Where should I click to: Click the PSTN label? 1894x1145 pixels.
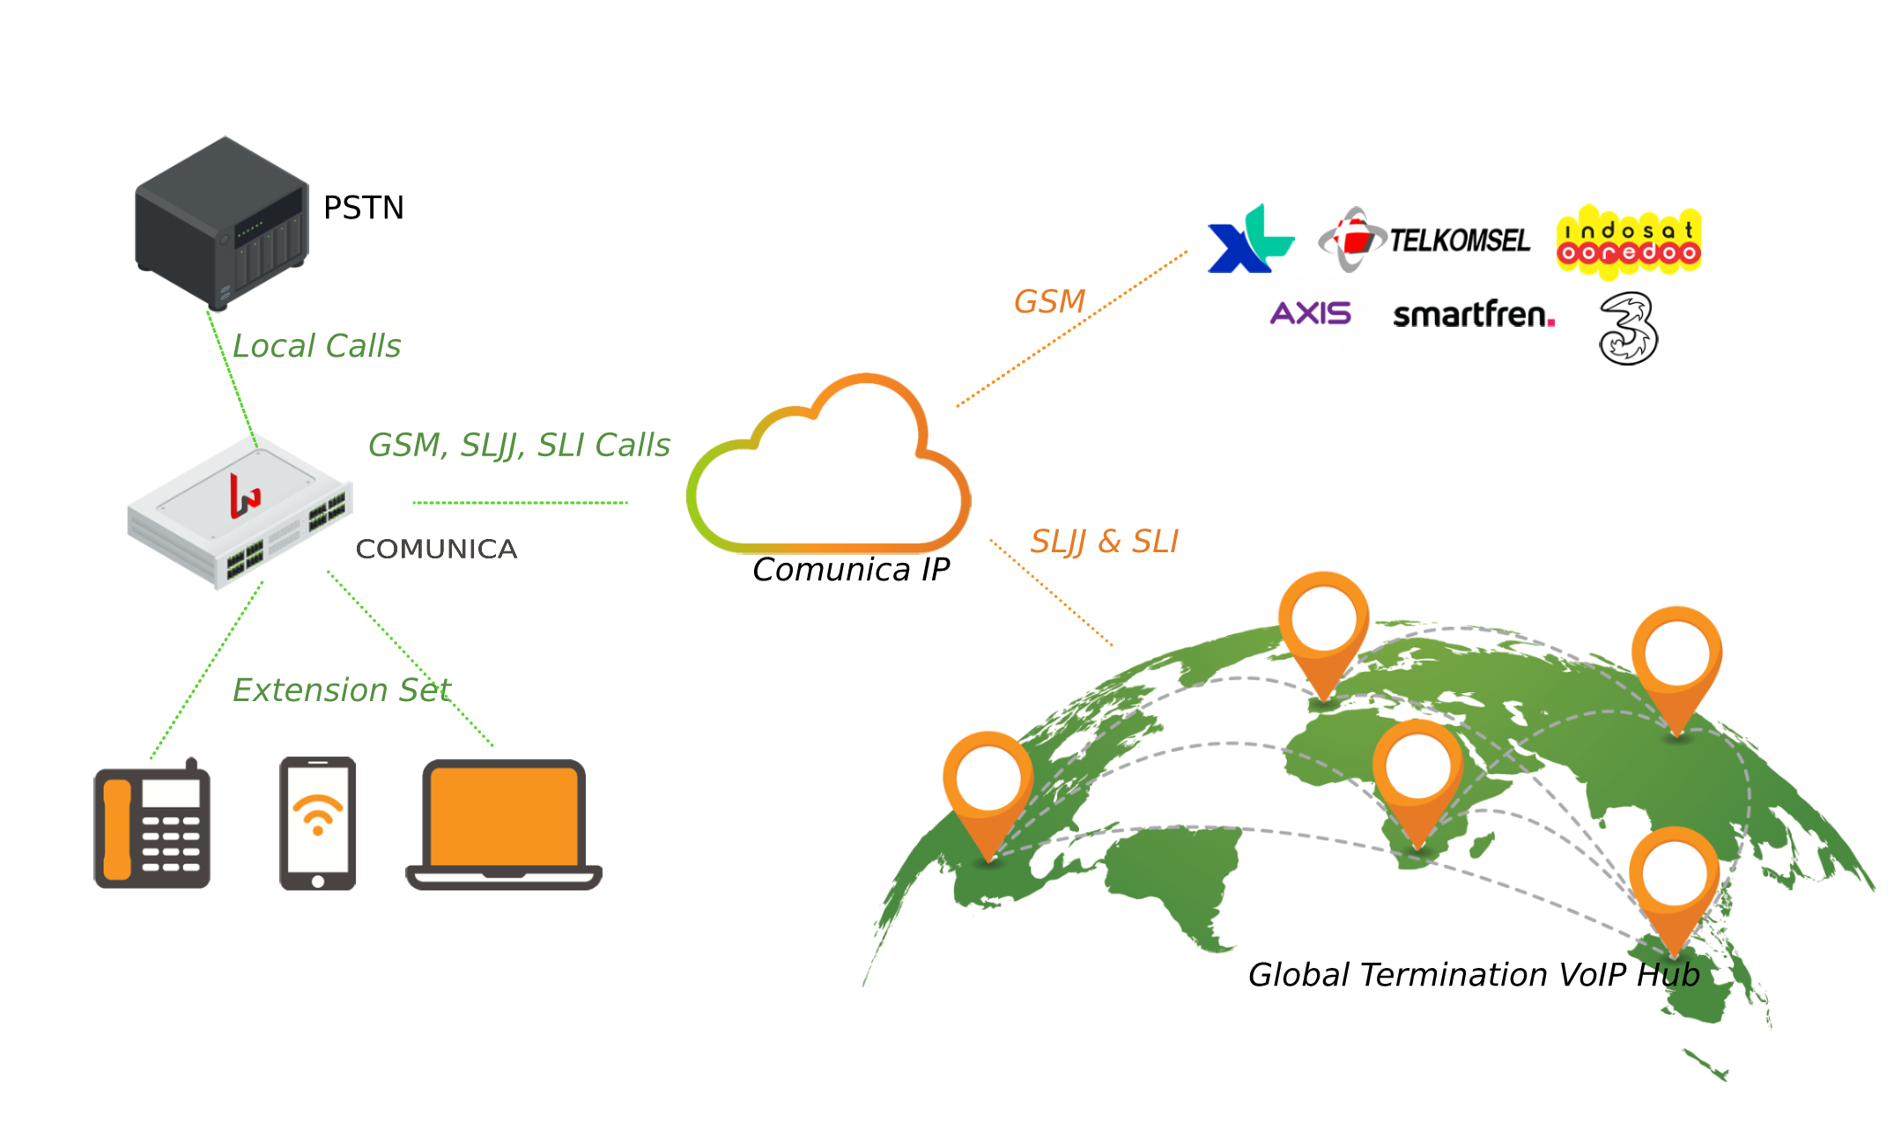click(x=363, y=208)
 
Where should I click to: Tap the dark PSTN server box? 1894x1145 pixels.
click(x=221, y=222)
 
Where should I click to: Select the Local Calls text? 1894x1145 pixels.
click(x=316, y=346)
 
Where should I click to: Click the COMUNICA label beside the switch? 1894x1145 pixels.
click(x=436, y=549)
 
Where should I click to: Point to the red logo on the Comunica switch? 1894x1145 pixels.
click(x=244, y=495)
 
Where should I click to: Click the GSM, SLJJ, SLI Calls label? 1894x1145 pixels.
click(x=519, y=446)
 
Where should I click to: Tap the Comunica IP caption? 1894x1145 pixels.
click(x=851, y=570)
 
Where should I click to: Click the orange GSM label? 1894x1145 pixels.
click(x=1049, y=302)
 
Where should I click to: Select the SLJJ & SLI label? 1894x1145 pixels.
click(x=1104, y=542)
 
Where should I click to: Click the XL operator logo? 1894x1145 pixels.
click(x=1249, y=240)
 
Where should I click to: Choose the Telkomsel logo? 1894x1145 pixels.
click(x=1424, y=240)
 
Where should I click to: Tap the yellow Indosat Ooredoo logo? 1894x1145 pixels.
click(x=1628, y=242)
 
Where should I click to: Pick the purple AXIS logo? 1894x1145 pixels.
click(x=1310, y=314)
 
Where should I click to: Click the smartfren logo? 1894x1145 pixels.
click(x=1473, y=314)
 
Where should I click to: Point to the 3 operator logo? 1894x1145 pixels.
click(x=1628, y=329)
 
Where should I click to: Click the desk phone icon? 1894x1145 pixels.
click(x=152, y=824)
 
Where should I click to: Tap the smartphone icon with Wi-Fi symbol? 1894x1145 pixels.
click(x=317, y=824)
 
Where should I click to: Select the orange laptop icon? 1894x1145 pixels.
click(x=504, y=825)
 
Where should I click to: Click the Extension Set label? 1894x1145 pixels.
click(x=342, y=691)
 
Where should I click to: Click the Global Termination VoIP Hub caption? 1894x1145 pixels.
click(x=1474, y=975)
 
